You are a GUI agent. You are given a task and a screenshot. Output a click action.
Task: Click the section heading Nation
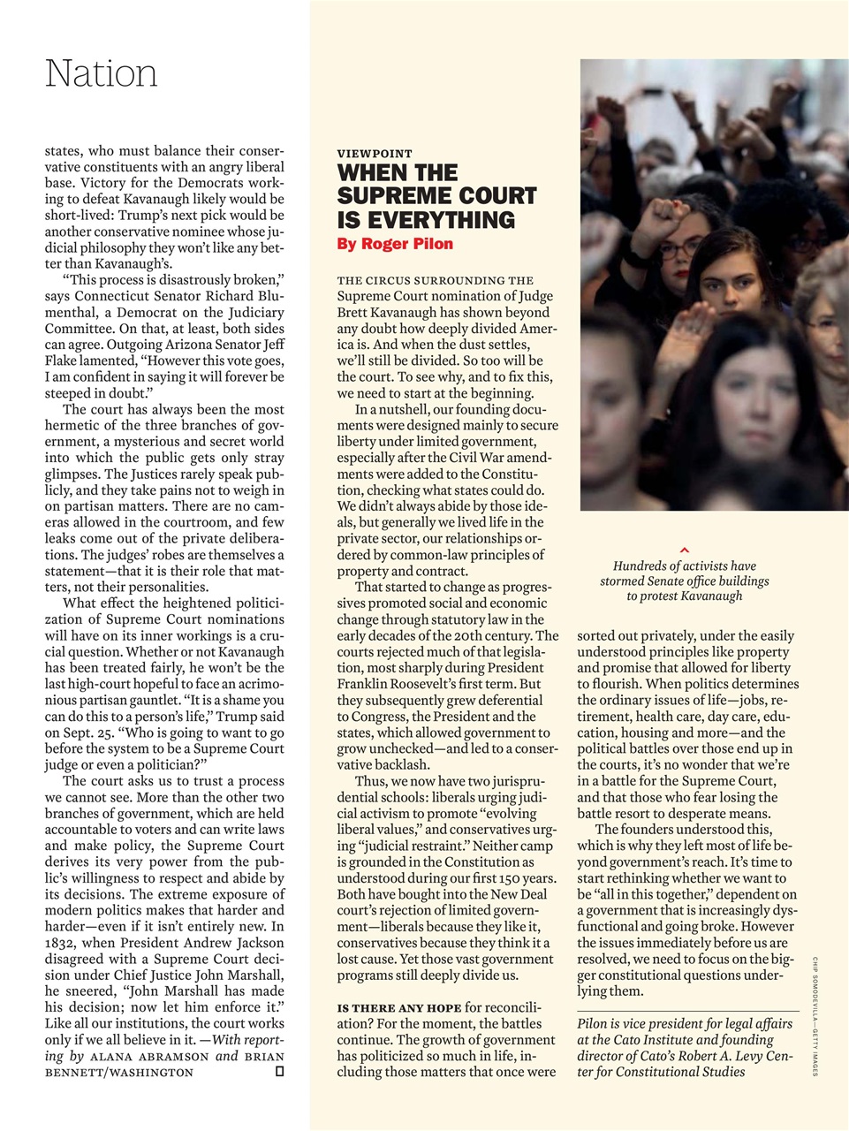pos(102,73)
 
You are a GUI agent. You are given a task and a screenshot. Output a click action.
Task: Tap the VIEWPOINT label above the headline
pos(375,154)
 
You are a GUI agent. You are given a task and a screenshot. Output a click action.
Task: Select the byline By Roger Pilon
pos(396,244)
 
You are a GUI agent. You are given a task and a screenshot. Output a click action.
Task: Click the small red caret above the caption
pos(685,551)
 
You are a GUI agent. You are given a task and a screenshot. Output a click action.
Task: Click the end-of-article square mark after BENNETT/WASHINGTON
pos(279,1072)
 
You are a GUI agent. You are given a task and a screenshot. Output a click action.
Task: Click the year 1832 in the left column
pos(64,943)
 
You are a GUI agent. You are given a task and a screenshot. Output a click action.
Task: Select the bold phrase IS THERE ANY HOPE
pos(399,1008)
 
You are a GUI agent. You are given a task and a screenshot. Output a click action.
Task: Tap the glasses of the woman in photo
pos(678,249)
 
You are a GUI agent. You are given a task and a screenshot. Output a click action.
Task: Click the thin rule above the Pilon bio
pos(687,1010)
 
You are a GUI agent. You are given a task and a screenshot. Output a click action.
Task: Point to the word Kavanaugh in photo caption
pos(711,596)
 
